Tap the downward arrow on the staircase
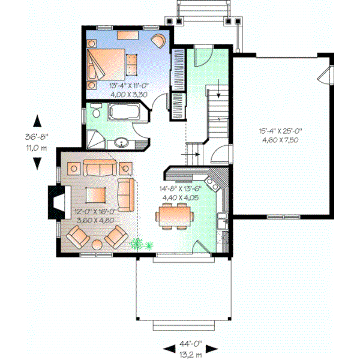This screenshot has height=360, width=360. point(218,93)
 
